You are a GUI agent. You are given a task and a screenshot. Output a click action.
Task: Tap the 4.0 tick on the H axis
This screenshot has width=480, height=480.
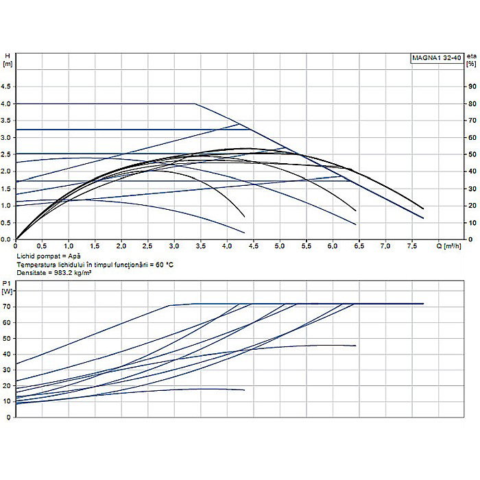coord(8,104)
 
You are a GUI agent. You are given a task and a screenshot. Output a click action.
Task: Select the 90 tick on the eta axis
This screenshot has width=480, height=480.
coord(472,86)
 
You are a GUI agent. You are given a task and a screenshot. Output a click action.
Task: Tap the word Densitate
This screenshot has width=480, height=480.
coord(30,272)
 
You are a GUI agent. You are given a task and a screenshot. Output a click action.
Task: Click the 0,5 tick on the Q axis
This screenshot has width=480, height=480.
coord(42,245)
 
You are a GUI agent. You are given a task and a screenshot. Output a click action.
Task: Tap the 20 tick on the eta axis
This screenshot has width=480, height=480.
coord(472,205)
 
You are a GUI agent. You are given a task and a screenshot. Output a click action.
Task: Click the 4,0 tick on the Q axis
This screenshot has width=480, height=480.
coord(227,245)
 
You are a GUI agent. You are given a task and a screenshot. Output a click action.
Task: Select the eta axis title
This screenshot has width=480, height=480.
coord(470,56)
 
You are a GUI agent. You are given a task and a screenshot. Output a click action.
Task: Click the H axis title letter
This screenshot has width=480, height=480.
coord(7,56)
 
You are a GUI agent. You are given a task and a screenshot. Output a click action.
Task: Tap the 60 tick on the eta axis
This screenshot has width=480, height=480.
coord(472,137)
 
